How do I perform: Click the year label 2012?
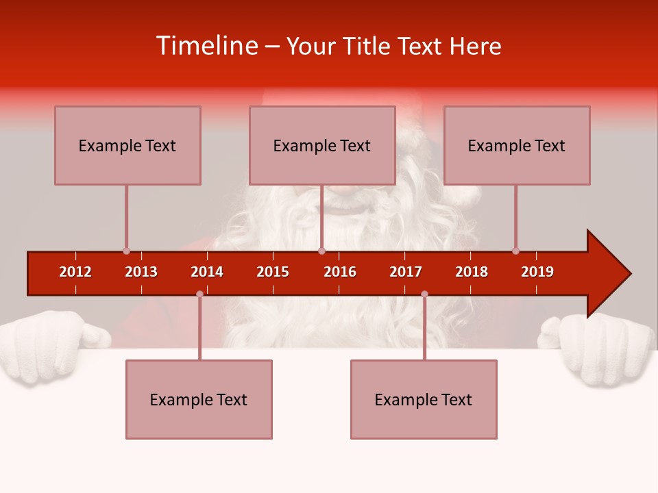click(75, 272)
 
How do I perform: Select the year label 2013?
click(141, 272)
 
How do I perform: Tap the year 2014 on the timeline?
click(207, 272)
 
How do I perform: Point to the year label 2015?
click(273, 272)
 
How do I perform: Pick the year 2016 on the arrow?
click(340, 272)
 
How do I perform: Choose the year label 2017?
click(406, 272)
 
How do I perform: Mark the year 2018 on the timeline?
click(472, 272)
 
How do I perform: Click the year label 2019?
click(537, 272)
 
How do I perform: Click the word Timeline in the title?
click(206, 46)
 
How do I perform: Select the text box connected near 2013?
click(127, 145)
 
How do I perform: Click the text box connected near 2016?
click(322, 145)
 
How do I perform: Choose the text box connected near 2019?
click(517, 145)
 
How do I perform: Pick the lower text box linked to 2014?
click(199, 399)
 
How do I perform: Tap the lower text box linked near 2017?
click(424, 399)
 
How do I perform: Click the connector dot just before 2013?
click(126, 251)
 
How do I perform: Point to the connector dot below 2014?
click(199, 294)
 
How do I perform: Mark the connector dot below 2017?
click(424, 294)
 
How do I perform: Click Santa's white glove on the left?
click(48, 346)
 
